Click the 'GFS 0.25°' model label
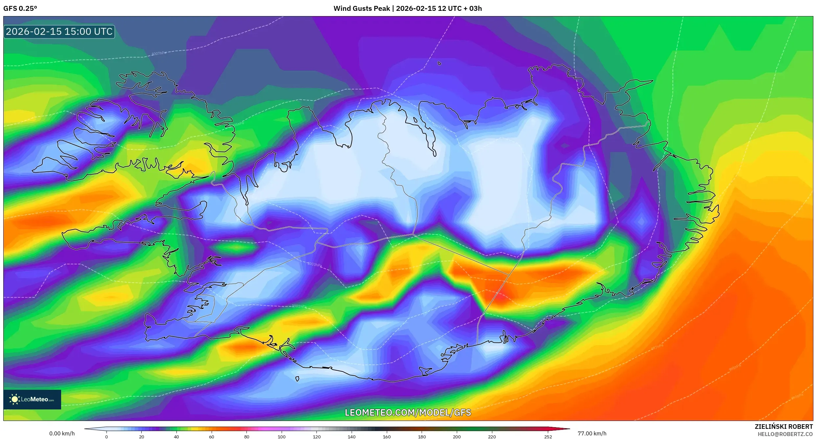[20, 9]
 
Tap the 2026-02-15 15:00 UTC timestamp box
[59, 32]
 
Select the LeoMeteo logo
[32, 399]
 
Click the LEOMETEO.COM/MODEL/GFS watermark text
[408, 412]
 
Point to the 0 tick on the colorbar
[106, 437]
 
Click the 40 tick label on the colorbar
[176, 437]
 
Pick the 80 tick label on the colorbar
[246, 437]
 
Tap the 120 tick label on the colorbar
[316, 437]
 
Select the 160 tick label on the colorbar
[387, 437]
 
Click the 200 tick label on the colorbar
[457, 437]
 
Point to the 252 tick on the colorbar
[548, 437]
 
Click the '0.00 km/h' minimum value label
[62, 433]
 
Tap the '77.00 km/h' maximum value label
[592, 433]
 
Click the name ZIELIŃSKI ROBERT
[783, 427]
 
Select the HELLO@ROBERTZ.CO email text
[785, 434]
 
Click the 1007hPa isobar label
[159, 53]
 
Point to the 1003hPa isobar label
[315, 264]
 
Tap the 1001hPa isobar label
[299, 306]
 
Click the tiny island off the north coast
[439, 63]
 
